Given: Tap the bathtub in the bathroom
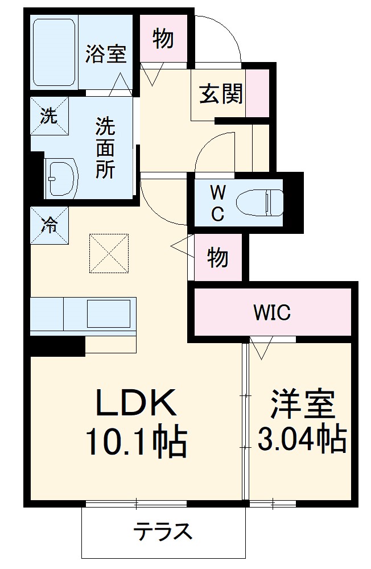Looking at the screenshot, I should (54, 52).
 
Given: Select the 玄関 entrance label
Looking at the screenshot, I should (221, 94).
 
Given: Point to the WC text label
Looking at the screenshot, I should (219, 204).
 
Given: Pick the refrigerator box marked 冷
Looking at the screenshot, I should (50, 225).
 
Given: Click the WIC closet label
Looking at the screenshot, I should (272, 312).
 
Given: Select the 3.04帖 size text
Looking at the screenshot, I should (302, 439).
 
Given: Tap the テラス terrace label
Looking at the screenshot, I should (163, 531).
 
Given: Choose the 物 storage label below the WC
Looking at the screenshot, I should (218, 257).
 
